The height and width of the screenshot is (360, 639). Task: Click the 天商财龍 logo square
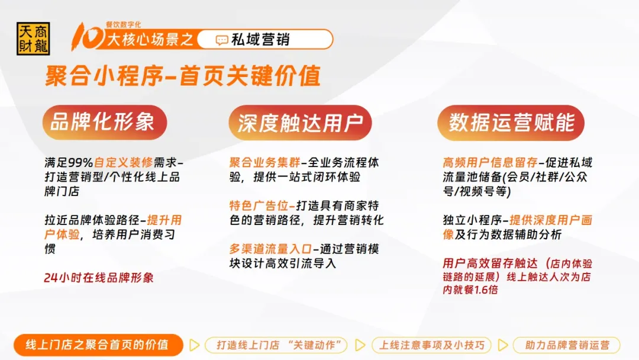(33, 38)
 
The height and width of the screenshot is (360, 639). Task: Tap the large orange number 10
(87, 37)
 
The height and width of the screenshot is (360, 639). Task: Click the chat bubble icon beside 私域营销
(222, 40)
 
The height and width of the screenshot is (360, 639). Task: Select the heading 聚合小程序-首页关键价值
(183, 76)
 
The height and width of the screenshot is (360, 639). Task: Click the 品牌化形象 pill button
(105, 123)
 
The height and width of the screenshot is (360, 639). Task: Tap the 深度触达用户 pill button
(300, 123)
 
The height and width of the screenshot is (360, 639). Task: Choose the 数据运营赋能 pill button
(511, 123)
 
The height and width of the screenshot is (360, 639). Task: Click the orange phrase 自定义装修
(124, 163)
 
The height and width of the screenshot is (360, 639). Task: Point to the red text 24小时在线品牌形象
(99, 278)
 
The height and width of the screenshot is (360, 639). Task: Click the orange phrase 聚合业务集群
(265, 163)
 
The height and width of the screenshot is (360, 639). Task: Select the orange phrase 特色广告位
(259, 205)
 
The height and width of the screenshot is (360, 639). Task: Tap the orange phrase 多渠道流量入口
(270, 249)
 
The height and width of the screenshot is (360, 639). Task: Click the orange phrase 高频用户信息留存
(490, 163)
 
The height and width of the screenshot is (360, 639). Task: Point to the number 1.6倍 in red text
(486, 290)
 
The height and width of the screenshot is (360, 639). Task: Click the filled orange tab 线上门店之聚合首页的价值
(98, 345)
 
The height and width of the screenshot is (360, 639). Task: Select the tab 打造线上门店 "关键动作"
(276, 345)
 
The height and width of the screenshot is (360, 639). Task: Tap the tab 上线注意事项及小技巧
(431, 345)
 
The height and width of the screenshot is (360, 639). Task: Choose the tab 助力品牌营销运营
(566, 345)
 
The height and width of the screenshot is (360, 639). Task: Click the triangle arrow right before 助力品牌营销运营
(503, 345)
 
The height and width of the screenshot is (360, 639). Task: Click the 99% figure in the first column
(80, 163)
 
